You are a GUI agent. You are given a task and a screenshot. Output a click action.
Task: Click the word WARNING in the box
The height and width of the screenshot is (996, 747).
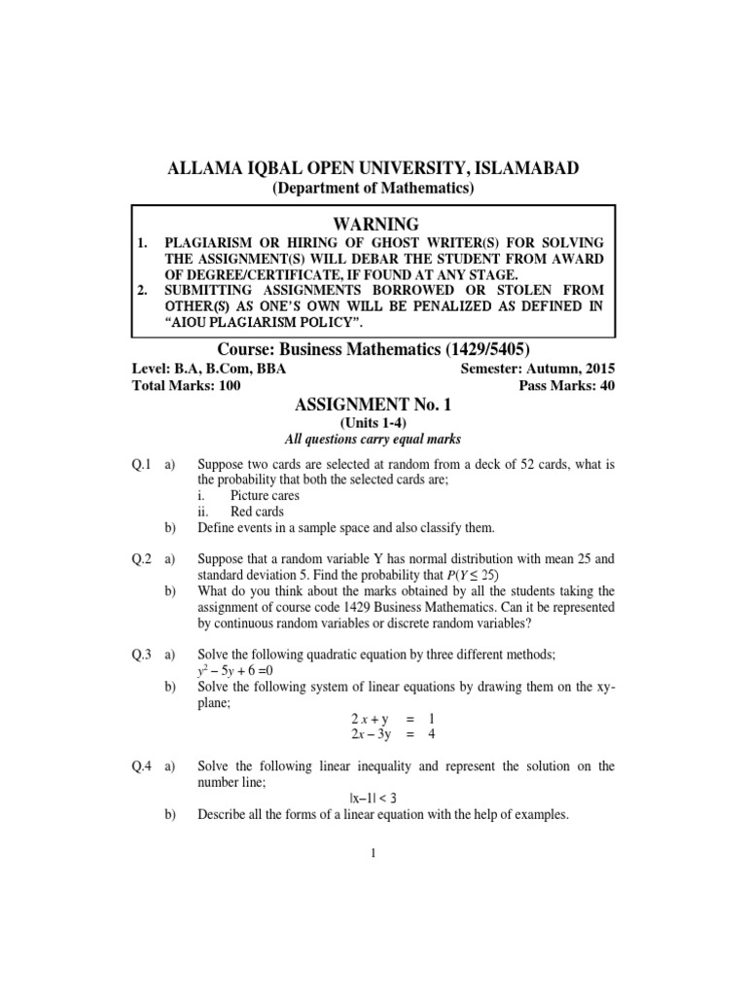[373, 224]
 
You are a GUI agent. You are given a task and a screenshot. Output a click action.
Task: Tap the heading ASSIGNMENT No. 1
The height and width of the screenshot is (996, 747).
[373, 405]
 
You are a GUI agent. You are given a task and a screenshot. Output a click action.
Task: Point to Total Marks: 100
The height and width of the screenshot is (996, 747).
[186, 386]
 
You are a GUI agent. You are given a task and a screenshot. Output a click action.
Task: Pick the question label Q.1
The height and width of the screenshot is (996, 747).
[142, 465]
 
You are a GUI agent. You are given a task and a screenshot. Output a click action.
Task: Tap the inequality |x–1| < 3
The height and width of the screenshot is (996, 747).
[373, 798]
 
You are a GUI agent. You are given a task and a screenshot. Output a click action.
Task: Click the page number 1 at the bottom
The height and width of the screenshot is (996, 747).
[373, 854]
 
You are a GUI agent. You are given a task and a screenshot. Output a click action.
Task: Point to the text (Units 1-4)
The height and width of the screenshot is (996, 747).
[373, 423]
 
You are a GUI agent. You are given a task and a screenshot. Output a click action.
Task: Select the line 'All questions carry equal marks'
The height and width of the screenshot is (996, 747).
[373, 440]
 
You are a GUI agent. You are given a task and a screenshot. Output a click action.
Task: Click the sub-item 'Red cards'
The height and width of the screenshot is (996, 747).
[257, 512]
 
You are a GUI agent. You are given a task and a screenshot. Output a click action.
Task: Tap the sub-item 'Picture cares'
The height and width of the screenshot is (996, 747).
[265, 496]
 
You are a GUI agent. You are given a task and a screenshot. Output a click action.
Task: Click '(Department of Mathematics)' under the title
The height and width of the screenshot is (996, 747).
[373, 188]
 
